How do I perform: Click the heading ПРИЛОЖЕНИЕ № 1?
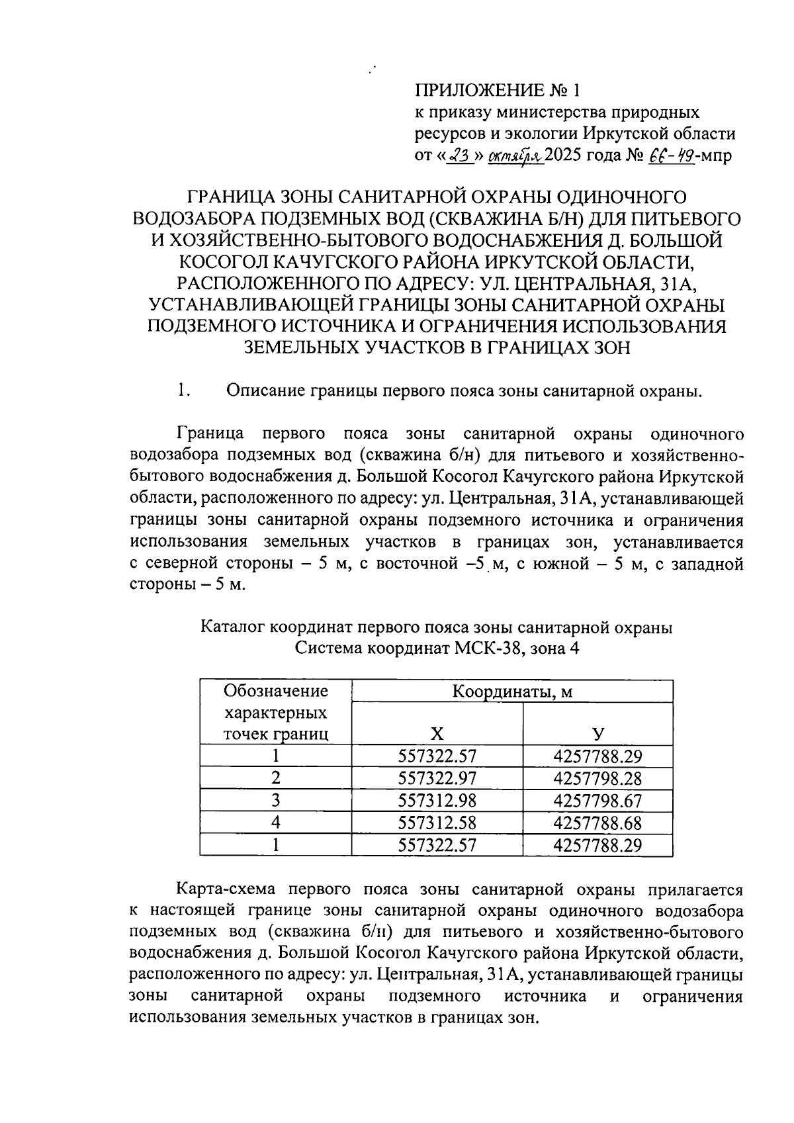[500, 90]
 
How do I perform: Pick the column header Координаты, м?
[511, 692]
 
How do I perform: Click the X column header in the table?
[437, 733]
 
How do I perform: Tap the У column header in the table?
[597, 733]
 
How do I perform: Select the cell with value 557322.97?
[437, 778]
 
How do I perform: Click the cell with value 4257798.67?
[597, 801]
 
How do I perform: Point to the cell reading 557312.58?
[437, 823]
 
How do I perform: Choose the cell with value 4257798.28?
[597, 778]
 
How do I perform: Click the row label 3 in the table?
[276, 801]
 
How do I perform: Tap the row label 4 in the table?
[276, 823]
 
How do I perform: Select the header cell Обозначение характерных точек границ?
[276, 712]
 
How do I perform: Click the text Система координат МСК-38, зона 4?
[437, 649]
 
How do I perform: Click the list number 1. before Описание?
[183, 391]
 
